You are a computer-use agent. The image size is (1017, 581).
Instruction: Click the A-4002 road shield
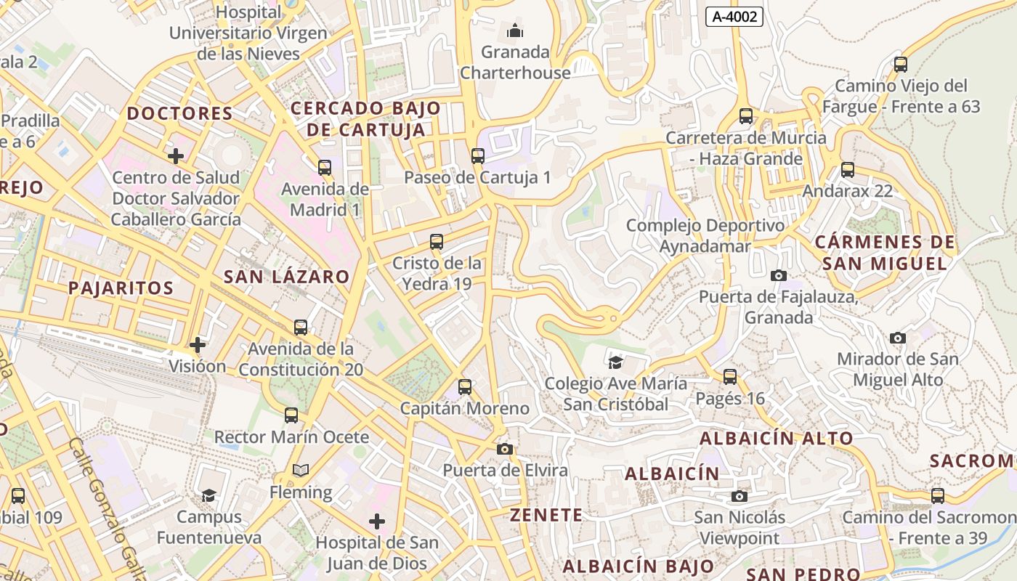coord(734,17)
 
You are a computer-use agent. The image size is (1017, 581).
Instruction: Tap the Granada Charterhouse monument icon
coord(515,31)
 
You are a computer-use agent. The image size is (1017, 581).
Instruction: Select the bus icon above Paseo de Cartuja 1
coord(477,155)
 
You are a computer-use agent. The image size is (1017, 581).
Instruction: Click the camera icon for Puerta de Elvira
coord(505,449)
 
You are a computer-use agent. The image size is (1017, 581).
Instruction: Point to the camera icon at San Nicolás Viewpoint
coord(740,496)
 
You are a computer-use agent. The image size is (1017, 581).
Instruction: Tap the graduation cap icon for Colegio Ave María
coord(615,362)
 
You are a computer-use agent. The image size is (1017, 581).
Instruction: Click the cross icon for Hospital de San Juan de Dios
coord(376,521)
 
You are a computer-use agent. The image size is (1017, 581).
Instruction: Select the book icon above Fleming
coord(301,471)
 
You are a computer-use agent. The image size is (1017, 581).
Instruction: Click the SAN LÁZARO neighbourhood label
coord(286,277)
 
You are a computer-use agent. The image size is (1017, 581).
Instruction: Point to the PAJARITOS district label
coord(121,288)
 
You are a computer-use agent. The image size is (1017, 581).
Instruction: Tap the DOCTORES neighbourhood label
coord(179,113)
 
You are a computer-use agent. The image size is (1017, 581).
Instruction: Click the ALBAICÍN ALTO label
coord(776,439)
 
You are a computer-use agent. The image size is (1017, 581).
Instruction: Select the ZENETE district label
coord(546,516)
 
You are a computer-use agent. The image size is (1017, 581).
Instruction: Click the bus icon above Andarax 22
coord(847,170)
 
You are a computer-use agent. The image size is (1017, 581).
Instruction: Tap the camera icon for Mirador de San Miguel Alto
coord(898,338)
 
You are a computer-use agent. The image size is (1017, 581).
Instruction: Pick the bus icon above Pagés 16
coord(730,377)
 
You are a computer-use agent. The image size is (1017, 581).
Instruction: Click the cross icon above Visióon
coord(197,344)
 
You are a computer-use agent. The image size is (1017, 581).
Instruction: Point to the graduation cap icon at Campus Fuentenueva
coord(209,495)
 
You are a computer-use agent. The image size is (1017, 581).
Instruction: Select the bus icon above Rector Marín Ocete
coord(291,415)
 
